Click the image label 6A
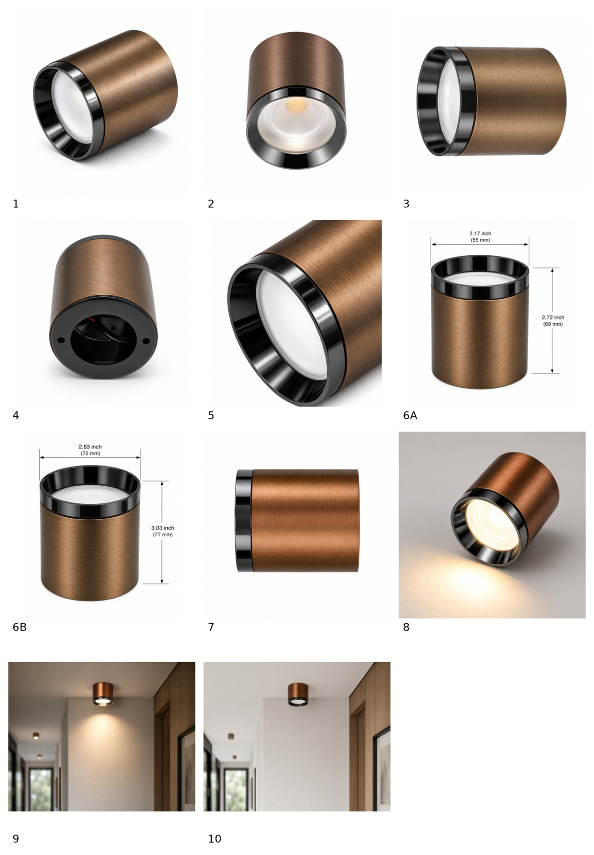click(410, 415)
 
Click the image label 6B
click(19, 627)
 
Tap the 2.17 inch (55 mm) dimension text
click(480, 236)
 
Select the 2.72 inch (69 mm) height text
click(553, 320)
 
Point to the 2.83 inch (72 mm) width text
click(90, 450)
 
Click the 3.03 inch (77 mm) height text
click(162, 531)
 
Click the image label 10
click(214, 839)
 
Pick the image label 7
click(211, 627)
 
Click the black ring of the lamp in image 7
click(245, 521)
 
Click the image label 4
click(16, 415)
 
